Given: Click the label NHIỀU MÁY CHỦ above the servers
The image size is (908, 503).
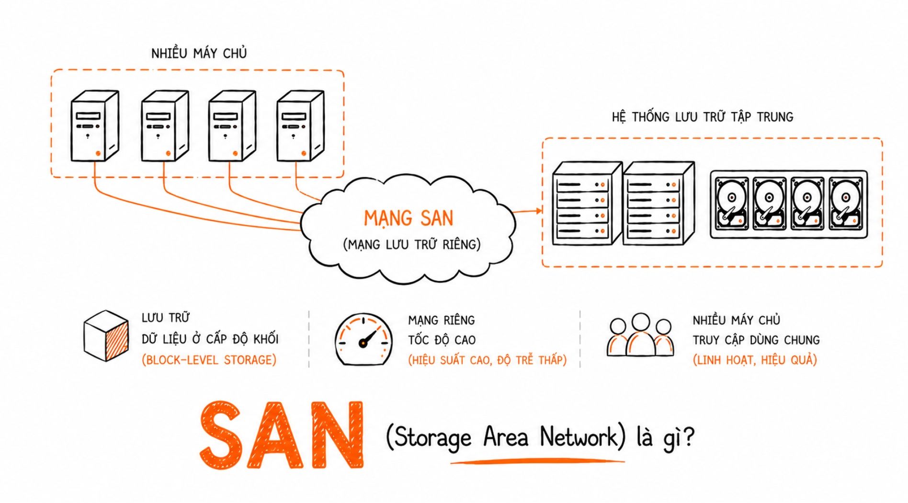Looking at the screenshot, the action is [x=199, y=53].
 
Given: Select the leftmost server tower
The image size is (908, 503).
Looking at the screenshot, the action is [x=94, y=126].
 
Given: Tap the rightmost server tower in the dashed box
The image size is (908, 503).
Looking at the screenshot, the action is [x=300, y=126].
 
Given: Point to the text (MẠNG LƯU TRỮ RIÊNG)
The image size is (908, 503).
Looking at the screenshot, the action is [x=412, y=244].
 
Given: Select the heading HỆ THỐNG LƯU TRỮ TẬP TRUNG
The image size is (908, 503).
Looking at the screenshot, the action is [x=703, y=117].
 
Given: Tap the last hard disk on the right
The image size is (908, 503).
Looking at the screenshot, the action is [x=846, y=204].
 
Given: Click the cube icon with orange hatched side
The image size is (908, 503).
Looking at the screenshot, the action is [x=106, y=336].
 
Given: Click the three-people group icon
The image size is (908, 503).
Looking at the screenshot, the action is [x=640, y=335].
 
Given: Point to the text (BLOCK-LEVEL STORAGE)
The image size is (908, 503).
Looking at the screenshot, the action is [x=209, y=360].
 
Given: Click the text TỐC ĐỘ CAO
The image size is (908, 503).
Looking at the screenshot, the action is [x=442, y=340].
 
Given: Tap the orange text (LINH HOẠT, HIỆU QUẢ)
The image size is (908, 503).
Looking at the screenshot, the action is [x=755, y=360].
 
